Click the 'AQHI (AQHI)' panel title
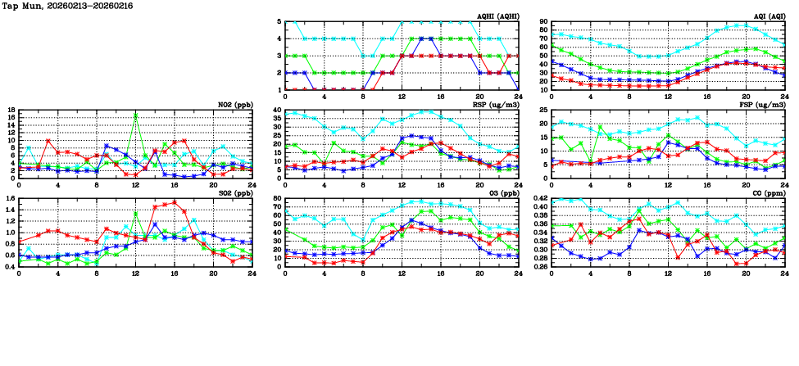pos(497,16)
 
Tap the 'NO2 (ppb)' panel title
pos(233,105)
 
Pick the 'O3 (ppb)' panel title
pos(502,193)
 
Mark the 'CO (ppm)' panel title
pos(767,193)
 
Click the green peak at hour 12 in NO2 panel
pos(135,115)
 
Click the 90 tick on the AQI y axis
pos(543,22)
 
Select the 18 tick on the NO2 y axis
pos(11,110)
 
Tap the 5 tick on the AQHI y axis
pos(279,22)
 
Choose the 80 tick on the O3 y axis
pos(277,198)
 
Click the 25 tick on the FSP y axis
pos(543,110)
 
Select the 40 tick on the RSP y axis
pos(277,110)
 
